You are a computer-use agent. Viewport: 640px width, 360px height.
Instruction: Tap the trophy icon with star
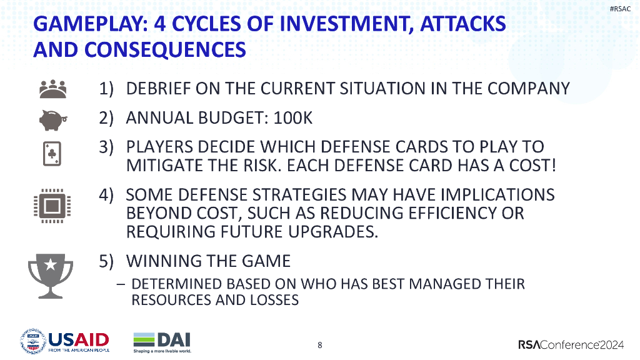51,272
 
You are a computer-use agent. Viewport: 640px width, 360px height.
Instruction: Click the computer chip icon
51,204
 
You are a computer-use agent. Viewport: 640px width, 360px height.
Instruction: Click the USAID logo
65,342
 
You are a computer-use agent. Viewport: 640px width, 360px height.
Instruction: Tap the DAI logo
162,342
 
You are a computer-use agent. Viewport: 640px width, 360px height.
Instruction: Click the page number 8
320,345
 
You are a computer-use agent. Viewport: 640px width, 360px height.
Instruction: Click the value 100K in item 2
292,117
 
